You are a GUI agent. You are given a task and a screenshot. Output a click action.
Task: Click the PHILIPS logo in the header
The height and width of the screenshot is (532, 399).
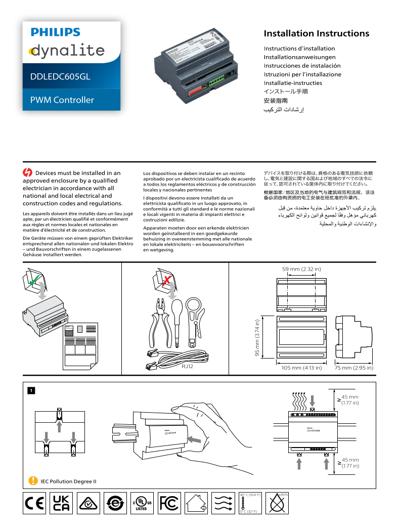pyautogui.click(x=55, y=32)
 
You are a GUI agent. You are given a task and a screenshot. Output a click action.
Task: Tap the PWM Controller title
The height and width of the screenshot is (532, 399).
pyautogui.click(x=62, y=100)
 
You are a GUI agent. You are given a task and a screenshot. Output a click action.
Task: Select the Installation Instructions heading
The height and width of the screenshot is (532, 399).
pyautogui.click(x=316, y=34)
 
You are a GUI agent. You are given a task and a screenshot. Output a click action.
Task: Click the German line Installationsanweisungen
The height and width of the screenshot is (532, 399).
pyautogui.click(x=299, y=57)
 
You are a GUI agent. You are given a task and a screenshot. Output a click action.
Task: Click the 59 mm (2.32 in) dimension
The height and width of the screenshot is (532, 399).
pyautogui.click(x=301, y=269)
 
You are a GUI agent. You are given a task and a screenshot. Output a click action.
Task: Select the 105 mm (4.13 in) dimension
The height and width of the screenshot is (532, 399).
pyautogui.click(x=301, y=368)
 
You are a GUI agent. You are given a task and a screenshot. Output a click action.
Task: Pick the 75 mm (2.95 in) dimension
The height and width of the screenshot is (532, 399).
pyautogui.click(x=354, y=368)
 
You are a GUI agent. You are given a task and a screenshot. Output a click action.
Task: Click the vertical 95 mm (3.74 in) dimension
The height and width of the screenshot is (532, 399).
pyautogui.click(x=257, y=338)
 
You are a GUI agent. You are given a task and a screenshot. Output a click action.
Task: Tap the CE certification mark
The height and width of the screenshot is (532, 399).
pyautogui.click(x=34, y=504)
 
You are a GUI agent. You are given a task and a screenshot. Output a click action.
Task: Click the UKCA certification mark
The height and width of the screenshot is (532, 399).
pyautogui.click(x=61, y=504)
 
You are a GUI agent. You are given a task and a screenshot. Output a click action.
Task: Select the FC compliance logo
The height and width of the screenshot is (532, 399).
pyautogui.click(x=169, y=504)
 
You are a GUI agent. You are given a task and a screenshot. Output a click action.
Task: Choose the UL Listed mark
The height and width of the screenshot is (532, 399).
pyautogui.click(x=142, y=504)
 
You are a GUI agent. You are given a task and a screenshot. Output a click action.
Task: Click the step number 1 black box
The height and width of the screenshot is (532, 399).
pyautogui.click(x=31, y=390)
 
